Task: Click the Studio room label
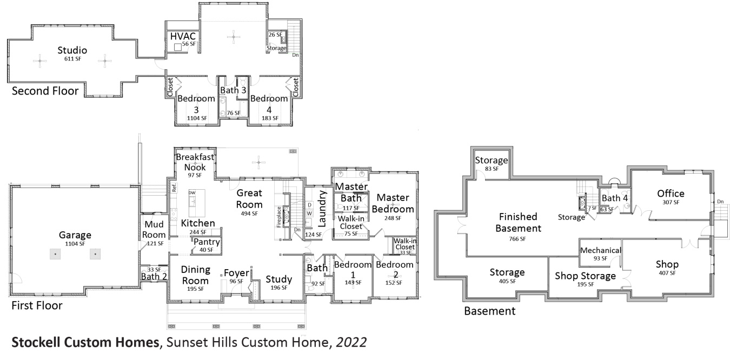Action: (73, 50)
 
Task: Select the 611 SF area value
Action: (73, 59)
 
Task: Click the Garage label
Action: (75, 235)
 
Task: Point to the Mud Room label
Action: (154, 230)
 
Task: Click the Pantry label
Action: (206, 242)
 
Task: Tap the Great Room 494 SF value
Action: (249, 214)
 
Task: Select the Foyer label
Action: (236, 272)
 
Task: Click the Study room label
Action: (278, 279)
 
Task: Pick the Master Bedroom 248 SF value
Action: (393, 218)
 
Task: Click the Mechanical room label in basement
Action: (600, 250)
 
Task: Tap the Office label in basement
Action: (671, 194)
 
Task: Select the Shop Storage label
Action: (585, 276)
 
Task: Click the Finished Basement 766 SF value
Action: (517, 238)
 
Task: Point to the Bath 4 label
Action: (615, 198)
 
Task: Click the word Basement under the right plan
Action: (490, 311)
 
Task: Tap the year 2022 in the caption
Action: (351, 343)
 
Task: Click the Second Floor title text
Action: (45, 91)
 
